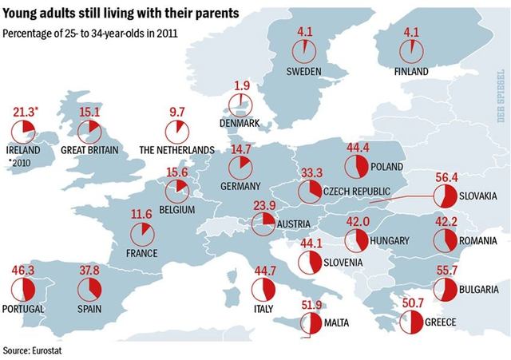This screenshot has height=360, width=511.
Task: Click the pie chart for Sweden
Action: [x=303, y=50]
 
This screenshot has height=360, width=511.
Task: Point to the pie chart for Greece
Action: [x=411, y=322]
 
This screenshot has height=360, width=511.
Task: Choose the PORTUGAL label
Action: [x=22, y=309]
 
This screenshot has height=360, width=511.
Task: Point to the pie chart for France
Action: [x=143, y=232]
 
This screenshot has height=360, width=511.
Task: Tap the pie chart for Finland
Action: [x=413, y=50]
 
